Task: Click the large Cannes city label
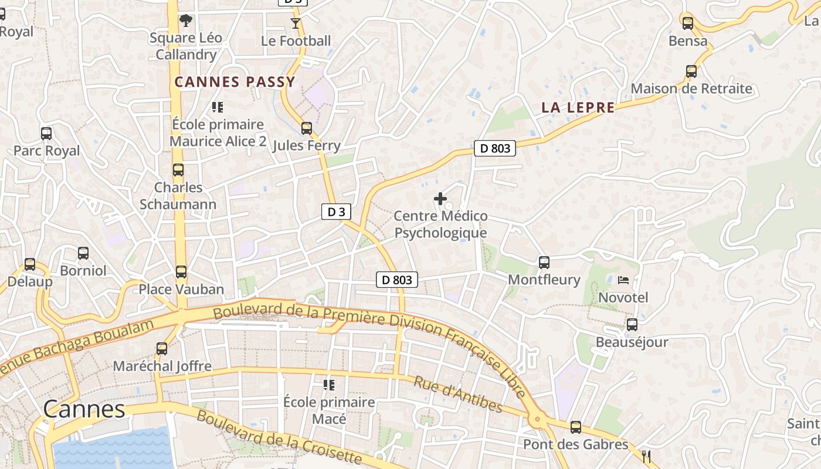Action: [x=84, y=409]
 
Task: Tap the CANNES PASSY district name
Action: [x=235, y=82]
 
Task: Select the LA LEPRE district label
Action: [x=578, y=107]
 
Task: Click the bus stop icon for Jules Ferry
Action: [x=306, y=128]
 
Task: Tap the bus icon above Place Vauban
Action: [x=181, y=272]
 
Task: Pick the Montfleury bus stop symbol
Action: [x=544, y=262]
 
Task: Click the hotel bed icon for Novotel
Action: [x=623, y=280]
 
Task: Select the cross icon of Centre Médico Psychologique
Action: [x=440, y=199]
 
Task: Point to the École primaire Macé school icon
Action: [x=329, y=385]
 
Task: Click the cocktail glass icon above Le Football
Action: [x=295, y=23]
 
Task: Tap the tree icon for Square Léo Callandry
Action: [x=186, y=21]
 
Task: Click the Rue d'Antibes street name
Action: [x=459, y=395]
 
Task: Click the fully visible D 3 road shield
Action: [x=336, y=212]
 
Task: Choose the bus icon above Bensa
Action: [x=688, y=23]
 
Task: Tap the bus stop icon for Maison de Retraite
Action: [x=691, y=72]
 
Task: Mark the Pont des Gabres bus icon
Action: [x=576, y=427]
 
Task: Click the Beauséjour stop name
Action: [x=632, y=342]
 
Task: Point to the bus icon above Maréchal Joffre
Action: [x=162, y=349]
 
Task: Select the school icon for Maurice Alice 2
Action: [x=218, y=107]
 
